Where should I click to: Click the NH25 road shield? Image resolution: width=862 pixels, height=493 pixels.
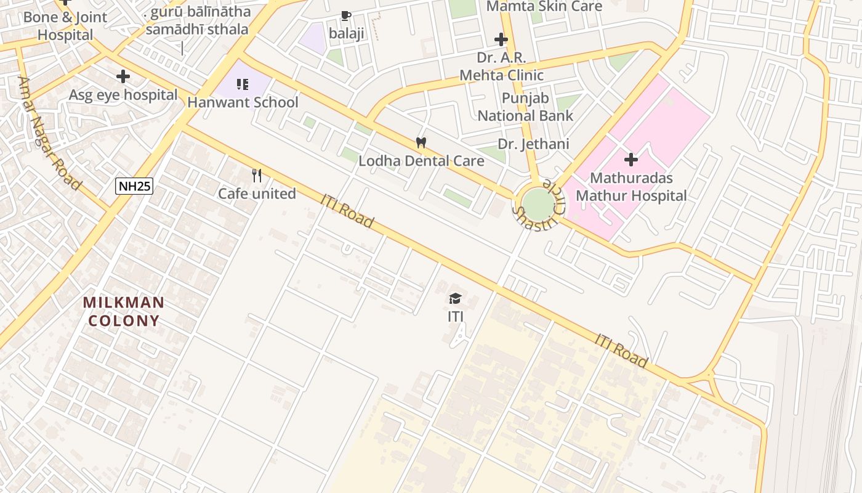(x=134, y=185)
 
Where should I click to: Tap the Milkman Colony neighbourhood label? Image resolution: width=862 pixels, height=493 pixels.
(x=124, y=312)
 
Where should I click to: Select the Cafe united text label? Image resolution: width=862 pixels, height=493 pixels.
(x=257, y=194)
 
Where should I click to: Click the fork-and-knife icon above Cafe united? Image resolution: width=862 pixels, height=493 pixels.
(x=257, y=176)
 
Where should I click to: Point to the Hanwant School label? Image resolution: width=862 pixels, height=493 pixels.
(x=243, y=102)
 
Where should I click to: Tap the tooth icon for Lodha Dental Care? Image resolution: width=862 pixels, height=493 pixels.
(x=421, y=143)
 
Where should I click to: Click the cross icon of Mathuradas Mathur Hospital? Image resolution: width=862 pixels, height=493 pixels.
(x=630, y=160)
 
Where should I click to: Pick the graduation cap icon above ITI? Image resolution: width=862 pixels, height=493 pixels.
(x=455, y=299)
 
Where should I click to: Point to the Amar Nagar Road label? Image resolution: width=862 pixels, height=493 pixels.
(x=50, y=133)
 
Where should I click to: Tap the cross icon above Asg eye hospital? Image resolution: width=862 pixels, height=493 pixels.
(x=123, y=77)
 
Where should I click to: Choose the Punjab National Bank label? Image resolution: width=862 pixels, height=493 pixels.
(x=525, y=107)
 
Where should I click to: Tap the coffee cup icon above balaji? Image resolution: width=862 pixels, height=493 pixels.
(x=346, y=16)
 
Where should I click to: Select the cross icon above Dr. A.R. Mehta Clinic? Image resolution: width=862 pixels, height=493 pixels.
(x=501, y=40)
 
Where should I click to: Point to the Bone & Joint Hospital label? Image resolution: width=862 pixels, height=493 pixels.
(x=65, y=26)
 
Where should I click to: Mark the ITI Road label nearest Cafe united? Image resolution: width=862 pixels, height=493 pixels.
(x=347, y=211)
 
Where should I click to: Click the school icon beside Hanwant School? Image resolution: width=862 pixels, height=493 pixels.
(x=243, y=84)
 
